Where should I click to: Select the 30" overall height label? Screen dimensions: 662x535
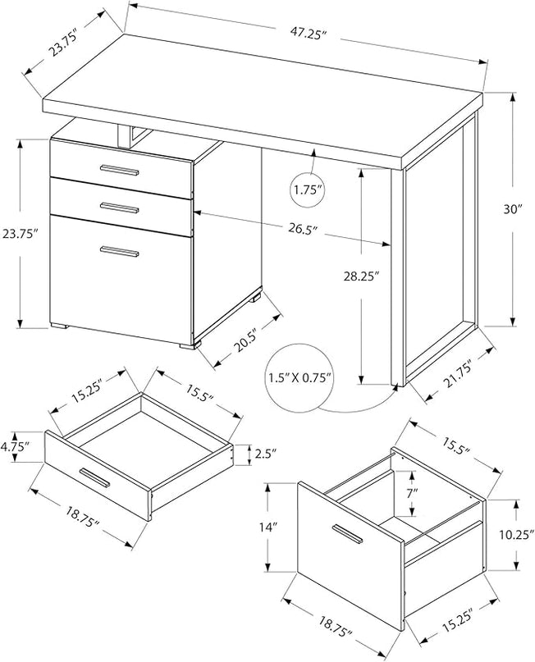(x=514, y=209)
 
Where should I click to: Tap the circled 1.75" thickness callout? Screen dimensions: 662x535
(x=309, y=190)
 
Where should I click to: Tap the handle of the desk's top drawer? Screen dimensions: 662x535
(x=119, y=170)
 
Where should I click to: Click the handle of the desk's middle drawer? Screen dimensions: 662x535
(x=119, y=206)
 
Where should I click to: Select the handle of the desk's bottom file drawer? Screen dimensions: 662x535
(x=119, y=251)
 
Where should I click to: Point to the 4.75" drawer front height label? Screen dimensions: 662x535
(x=16, y=447)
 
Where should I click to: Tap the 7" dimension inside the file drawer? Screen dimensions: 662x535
(x=412, y=495)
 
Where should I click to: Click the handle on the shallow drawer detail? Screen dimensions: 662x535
(x=95, y=478)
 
